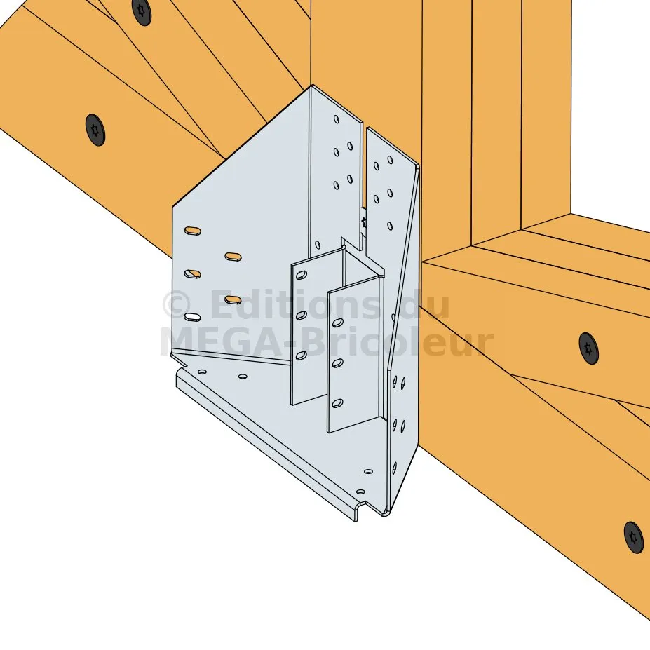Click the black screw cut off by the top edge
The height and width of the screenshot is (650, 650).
click(x=142, y=12)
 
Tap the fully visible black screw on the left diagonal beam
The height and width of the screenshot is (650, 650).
click(x=95, y=130)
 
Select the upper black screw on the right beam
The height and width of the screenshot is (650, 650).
click(x=589, y=348)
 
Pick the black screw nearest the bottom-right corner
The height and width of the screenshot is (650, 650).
click(x=634, y=537)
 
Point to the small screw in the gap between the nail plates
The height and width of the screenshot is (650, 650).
click(x=365, y=222)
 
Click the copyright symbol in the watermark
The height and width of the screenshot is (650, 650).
click(x=177, y=305)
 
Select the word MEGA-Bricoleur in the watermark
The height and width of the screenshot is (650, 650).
click(x=326, y=342)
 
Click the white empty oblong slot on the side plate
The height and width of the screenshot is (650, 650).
click(x=192, y=317)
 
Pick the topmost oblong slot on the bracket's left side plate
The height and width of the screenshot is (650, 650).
click(x=192, y=231)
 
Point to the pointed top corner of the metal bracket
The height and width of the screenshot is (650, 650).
click(x=312, y=86)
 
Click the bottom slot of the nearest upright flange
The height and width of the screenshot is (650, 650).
click(x=337, y=402)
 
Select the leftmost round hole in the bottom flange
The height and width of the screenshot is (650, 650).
click(x=202, y=372)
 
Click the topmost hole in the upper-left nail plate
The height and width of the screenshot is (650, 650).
click(x=336, y=119)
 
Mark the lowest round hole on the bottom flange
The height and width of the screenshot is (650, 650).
click(x=360, y=492)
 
